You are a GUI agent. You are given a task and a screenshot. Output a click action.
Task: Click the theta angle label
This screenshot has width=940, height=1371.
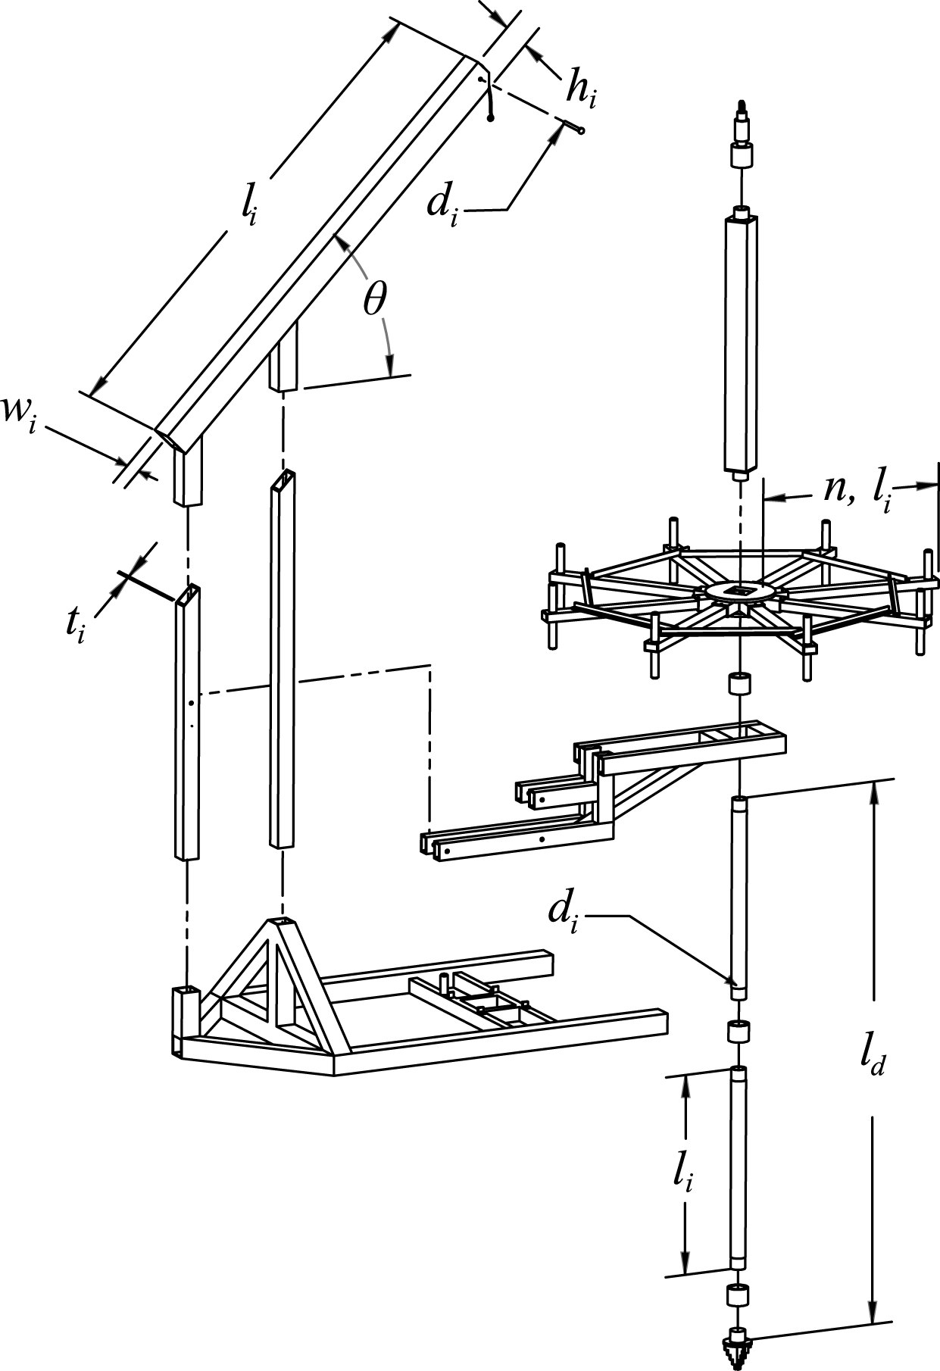coord(374,300)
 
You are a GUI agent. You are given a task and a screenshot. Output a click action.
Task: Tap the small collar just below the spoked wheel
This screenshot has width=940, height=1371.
coord(739,683)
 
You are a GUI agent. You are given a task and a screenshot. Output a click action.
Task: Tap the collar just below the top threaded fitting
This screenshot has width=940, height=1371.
coord(741,156)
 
